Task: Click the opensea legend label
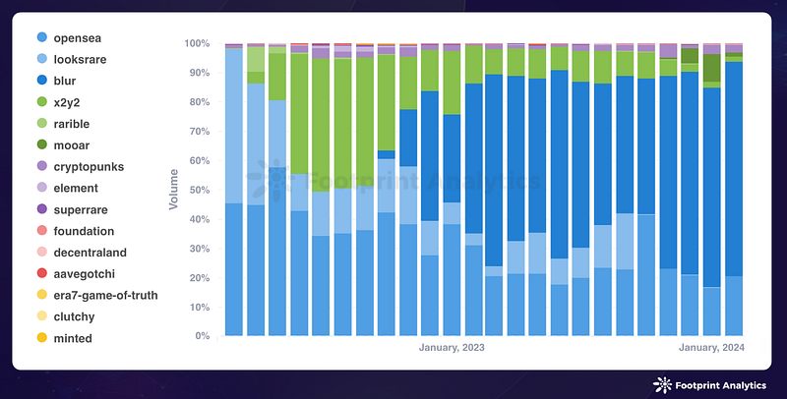(84, 37)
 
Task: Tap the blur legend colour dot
(41, 81)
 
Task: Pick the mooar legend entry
(78, 145)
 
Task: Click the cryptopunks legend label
(94, 167)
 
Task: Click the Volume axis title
(174, 190)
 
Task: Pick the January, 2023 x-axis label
(452, 347)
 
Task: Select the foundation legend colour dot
(41, 231)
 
